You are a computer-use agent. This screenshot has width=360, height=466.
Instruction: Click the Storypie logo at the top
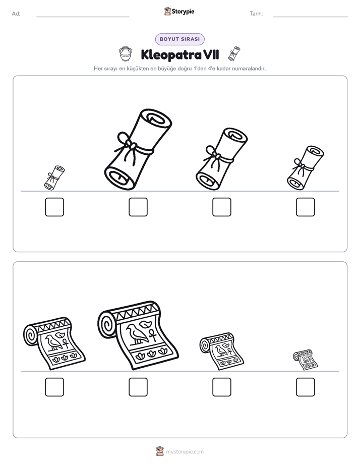pyautogui.click(x=179, y=11)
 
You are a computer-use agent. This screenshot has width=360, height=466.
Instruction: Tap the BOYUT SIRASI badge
pyautogui.click(x=179, y=39)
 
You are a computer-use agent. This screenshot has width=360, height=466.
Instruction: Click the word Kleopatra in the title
pyautogui.click(x=171, y=55)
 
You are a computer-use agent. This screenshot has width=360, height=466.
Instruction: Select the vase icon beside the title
pyautogui.click(x=126, y=54)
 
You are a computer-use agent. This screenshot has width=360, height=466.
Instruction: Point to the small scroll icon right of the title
pyautogui.click(x=234, y=54)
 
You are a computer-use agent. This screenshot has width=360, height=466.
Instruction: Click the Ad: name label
pyautogui.click(x=16, y=14)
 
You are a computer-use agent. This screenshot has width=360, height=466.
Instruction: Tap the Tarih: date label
pyautogui.click(x=256, y=14)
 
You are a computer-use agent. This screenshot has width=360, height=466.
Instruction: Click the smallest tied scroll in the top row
pyautogui.click(x=54, y=178)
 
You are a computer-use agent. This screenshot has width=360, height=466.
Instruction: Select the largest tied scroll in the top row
pyautogui.click(x=138, y=149)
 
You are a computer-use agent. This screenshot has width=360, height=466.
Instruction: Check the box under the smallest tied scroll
pyautogui.click(x=54, y=207)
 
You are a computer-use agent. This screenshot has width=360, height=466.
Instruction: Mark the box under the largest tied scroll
pyautogui.click(x=138, y=207)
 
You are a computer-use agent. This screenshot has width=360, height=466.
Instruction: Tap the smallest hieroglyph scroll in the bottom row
pyautogui.click(x=306, y=360)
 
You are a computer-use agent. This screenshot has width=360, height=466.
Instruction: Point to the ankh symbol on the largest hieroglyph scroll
pyautogui.click(x=152, y=335)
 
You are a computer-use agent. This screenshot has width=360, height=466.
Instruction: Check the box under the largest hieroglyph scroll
pyautogui.click(x=138, y=387)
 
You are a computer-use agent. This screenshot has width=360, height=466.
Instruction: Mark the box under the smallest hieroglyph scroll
pyautogui.click(x=306, y=387)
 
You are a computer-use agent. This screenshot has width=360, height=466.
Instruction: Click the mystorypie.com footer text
pyautogui.click(x=185, y=452)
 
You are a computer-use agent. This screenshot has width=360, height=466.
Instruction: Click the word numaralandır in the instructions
pyautogui.click(x=249, y=69)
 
